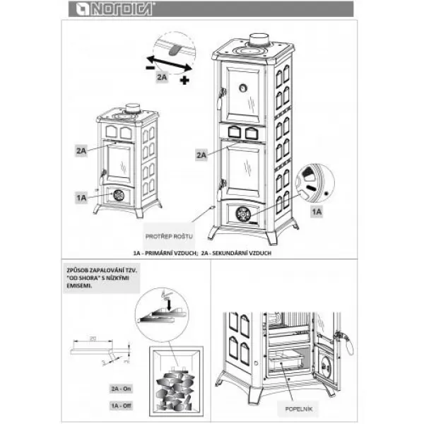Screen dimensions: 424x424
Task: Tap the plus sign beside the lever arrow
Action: pos(184,81)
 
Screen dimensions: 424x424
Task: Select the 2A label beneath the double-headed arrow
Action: pos(163,77)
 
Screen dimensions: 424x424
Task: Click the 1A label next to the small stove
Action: pos(81,199)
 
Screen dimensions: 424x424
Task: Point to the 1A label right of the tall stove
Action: pos(317,211)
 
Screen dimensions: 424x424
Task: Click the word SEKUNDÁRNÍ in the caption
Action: pos(228,252)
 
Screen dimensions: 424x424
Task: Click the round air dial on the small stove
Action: pos(119,195)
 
